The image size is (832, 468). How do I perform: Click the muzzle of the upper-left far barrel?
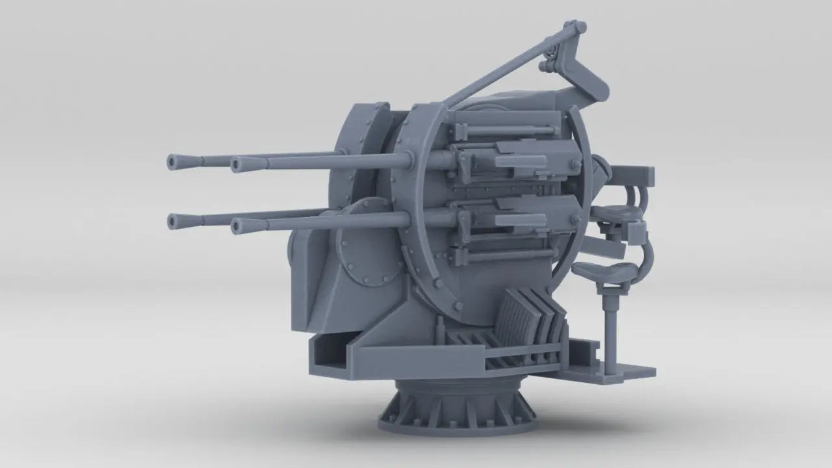(174, 162)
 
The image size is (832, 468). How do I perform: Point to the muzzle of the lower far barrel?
(174, 221)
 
